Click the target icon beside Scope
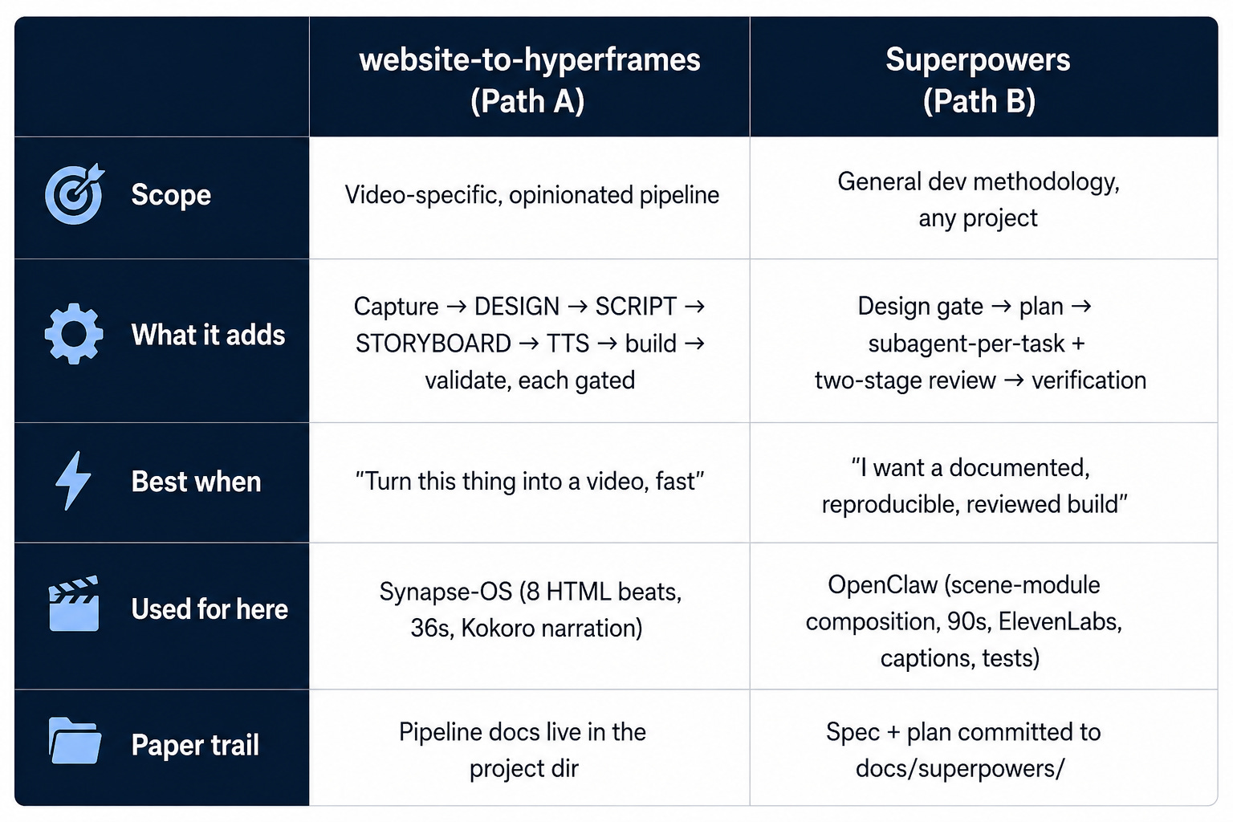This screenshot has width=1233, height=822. [75, 193]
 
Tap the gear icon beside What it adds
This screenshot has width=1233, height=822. [74, 334]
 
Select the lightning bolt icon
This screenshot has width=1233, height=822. [73, 481]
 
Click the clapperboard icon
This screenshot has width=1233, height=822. [74, 604]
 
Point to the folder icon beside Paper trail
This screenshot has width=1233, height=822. [75, 740]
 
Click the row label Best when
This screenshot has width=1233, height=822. [196, 481]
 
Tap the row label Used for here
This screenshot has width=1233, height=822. [210, 609]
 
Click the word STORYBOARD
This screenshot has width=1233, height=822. [433, 344]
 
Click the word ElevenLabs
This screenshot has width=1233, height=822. [1060, 621]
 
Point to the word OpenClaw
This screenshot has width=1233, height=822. [882, 584]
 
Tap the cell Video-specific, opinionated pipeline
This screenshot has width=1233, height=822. [531, 195]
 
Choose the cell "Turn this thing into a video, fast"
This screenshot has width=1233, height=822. [530, 481]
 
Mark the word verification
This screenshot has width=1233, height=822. [1089, 380]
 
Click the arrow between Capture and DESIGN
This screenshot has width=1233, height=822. [456, 307]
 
